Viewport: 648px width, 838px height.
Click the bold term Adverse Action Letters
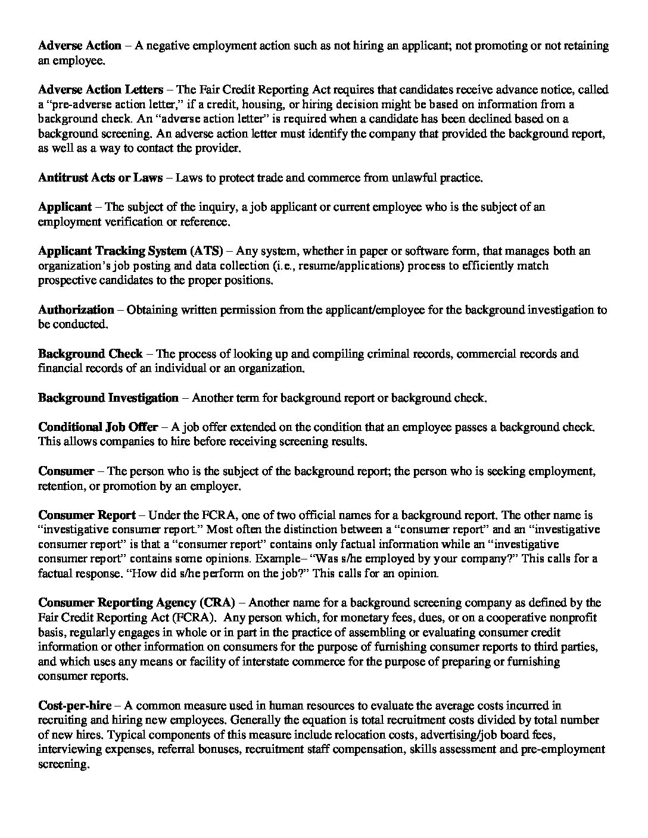coord(101,90)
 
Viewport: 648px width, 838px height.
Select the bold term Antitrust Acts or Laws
coord(101,177)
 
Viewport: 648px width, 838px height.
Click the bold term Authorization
coord(76,309)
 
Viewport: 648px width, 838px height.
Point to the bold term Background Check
coord(91,354)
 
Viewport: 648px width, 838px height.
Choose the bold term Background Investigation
coord(108,398)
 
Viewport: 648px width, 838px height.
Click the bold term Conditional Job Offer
coord(98,427)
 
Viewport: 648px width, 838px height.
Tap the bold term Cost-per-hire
coord(75,706)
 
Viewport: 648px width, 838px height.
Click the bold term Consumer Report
coord(87,515)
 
